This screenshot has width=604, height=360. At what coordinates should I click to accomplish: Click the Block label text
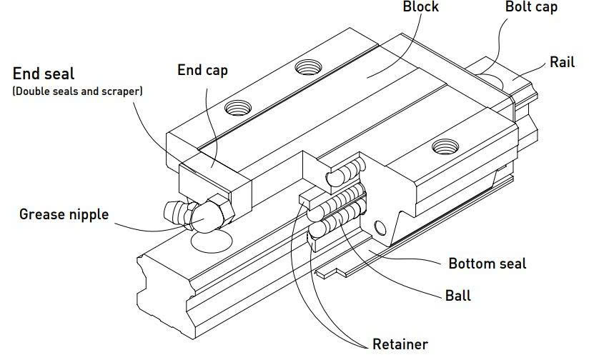[x=420, y=8]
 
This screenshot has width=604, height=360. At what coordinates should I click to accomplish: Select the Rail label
[x=562, y=62]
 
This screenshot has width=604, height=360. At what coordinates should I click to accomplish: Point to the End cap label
[x=202, y=69]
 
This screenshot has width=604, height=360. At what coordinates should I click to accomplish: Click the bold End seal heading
[x=44, y=74]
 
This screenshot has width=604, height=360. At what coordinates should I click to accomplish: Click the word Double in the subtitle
[x=34, y=92]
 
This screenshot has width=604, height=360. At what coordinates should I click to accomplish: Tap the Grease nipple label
[x=64, y=214]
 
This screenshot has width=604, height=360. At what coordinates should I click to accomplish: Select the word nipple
[x=89, y=214]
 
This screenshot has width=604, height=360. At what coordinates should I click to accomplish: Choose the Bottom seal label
[x=487, y=264]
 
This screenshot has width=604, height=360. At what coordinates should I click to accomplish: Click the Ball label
[x=457, y=294]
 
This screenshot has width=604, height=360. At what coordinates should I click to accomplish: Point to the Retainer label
[x=400, y=344]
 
